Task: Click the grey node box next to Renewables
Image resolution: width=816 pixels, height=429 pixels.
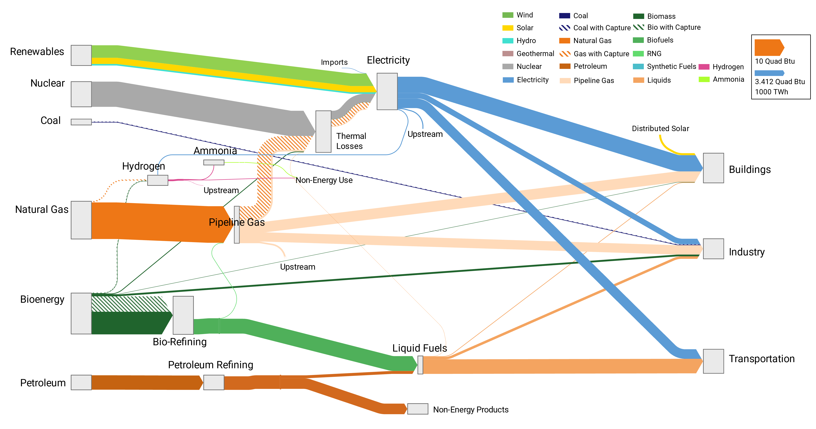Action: [81, 55]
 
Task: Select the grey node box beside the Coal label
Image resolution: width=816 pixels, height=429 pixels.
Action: [81, 122]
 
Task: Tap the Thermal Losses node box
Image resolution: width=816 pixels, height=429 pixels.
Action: [323, 131]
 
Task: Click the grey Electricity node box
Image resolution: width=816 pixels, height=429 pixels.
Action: [387, 91]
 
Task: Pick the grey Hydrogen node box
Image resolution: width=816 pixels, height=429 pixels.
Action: [158, 180]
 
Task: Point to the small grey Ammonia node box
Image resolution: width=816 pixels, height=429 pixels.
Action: [214, 162]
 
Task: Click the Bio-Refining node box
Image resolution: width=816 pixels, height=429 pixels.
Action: [183, 315]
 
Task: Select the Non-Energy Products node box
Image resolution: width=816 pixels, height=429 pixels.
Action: [417, 409]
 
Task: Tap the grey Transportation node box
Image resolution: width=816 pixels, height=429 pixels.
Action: [713, 361]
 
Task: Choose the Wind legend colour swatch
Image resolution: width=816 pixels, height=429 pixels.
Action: [508, 15]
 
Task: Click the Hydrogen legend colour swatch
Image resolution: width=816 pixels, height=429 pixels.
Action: [704, 67]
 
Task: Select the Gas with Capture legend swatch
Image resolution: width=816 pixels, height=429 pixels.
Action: [565, 54]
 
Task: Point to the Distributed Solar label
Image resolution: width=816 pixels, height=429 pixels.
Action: [661, 128]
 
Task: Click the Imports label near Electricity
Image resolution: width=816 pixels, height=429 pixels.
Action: [334, 62]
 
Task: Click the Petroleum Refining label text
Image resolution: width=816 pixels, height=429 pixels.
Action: [211, 365]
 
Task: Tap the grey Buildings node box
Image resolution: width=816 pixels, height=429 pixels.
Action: [713, 168]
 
